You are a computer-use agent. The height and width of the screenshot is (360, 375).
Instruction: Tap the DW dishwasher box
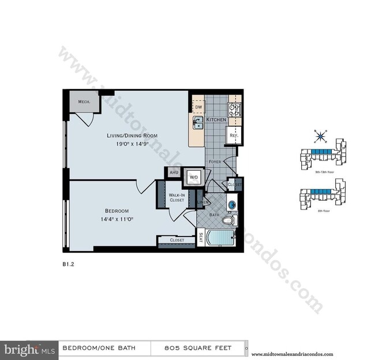(198, 107)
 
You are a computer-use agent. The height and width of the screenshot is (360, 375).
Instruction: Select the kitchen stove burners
(235, 110)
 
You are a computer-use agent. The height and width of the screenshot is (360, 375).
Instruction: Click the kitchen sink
(198, 122)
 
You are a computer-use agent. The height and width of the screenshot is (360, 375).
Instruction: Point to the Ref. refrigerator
(234, 136)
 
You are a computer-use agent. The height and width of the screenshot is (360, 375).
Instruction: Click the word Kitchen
(215, 119)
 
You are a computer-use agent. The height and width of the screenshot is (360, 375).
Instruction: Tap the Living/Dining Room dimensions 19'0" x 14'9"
(132, 145)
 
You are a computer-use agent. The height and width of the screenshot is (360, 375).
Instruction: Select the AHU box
(172, 172)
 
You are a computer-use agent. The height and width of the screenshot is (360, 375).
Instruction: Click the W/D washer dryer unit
(192, 178)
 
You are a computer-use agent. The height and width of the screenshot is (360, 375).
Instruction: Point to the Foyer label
(216, 162)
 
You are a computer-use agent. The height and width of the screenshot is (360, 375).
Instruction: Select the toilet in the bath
(229, 220)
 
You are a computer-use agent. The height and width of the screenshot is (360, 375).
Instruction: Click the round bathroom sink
(231, 204)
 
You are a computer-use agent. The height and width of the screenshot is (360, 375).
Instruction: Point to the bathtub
(218, 238)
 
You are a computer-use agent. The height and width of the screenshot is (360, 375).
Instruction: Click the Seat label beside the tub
(200, 238)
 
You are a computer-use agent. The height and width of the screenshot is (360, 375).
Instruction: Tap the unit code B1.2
(69, 265)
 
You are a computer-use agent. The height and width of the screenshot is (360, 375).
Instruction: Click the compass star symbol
(319, 137)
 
